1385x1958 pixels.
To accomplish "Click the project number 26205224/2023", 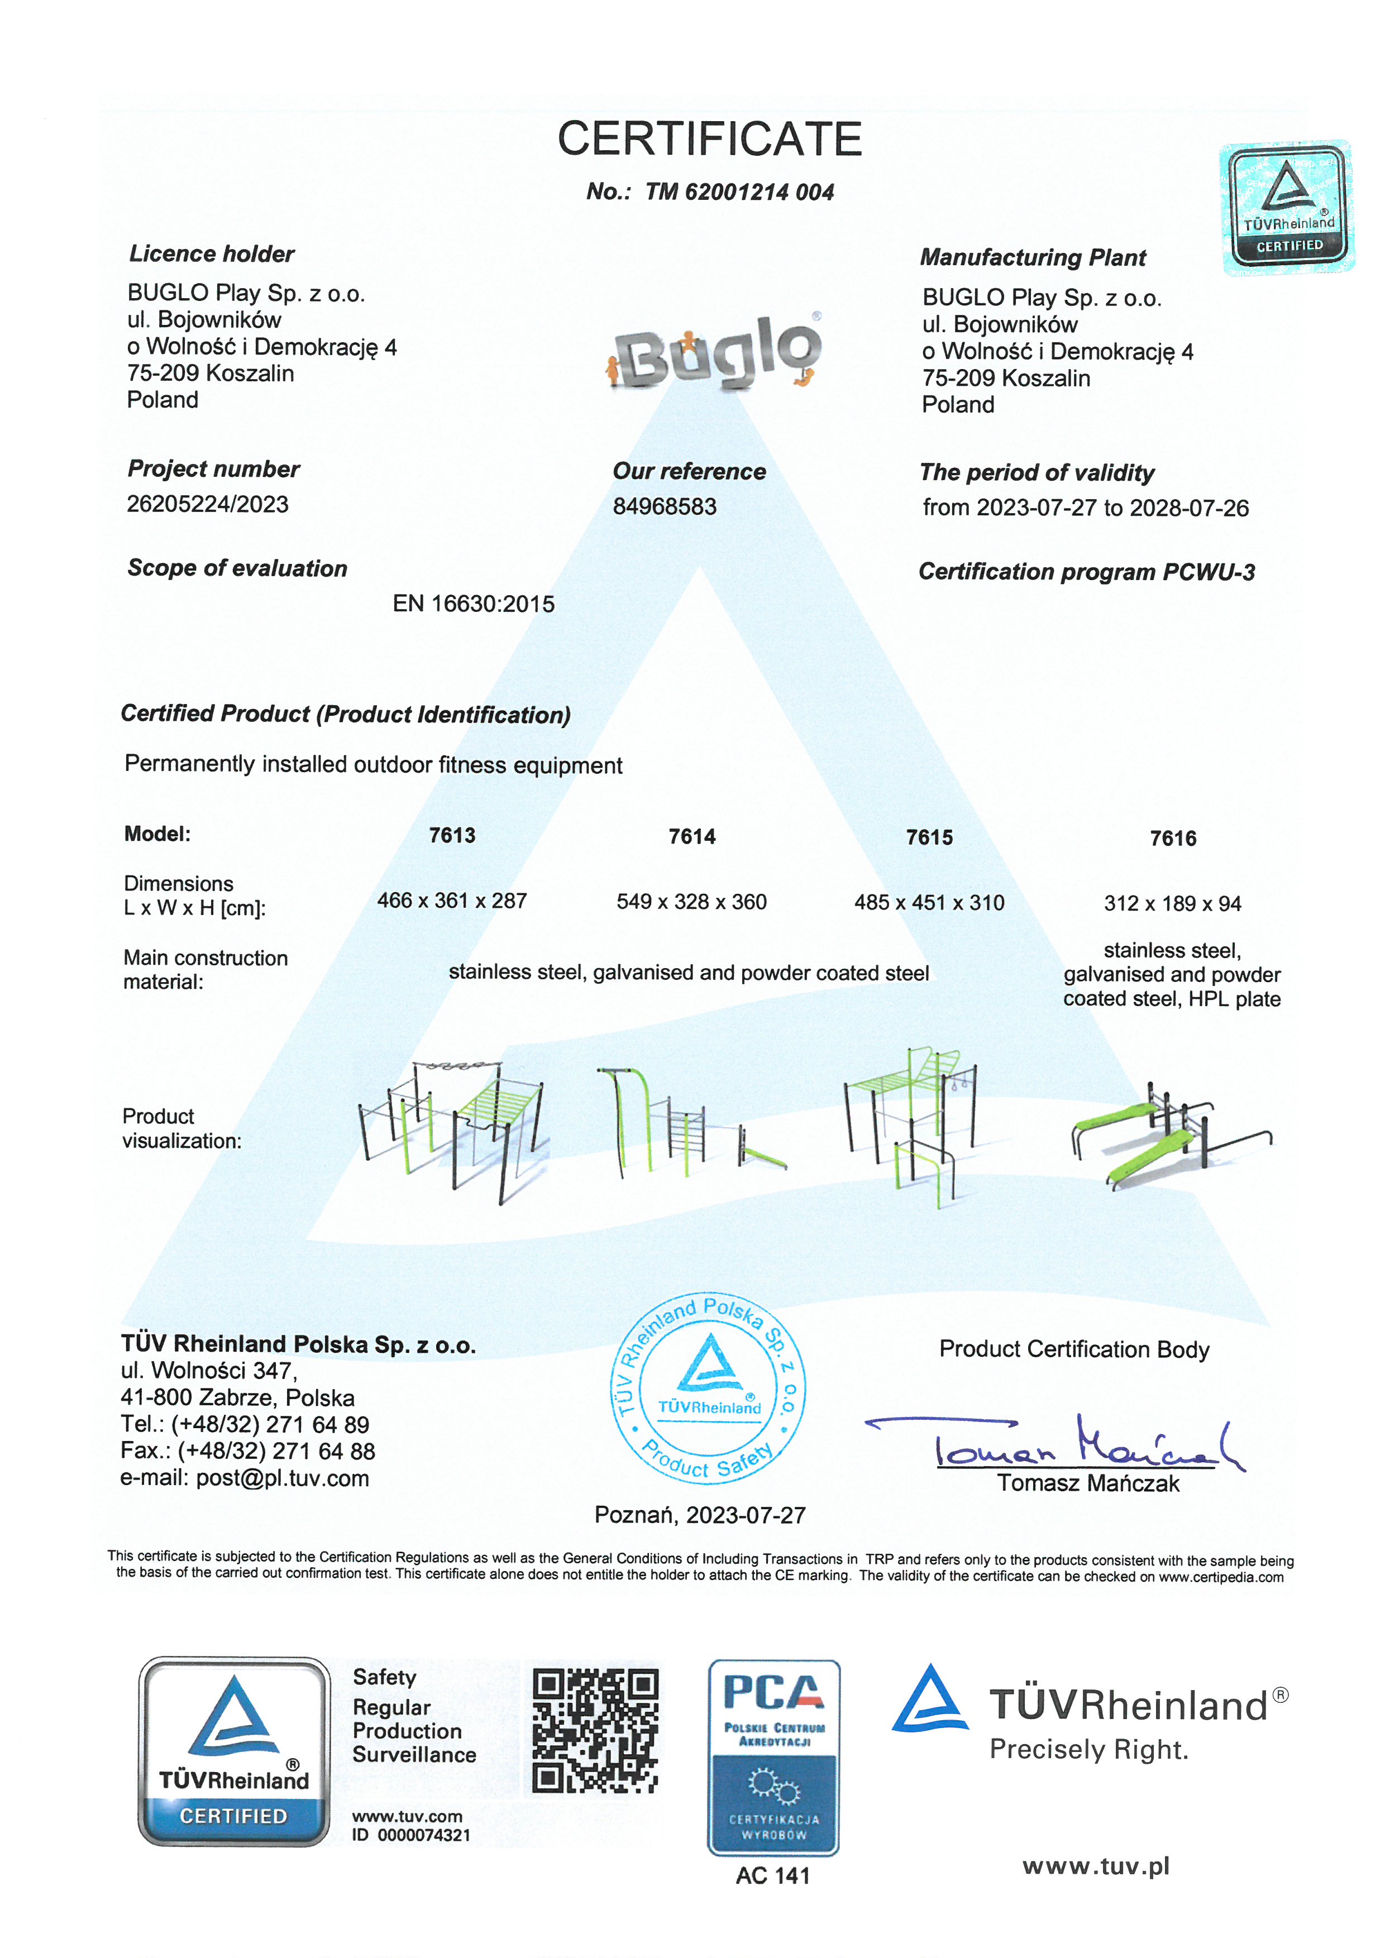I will [x=207, y=504].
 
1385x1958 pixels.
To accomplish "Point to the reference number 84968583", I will [x=665, y=506].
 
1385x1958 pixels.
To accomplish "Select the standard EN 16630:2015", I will [x=474, y=604].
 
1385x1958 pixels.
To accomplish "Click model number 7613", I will [x=452, y=835].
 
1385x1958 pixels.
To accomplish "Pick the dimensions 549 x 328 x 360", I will [x=691, y=902].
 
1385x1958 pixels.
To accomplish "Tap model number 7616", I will [x=1173, y=838].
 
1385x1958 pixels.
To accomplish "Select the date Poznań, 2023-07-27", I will [x=699, y=1515].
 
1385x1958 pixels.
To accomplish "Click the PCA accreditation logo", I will [x=773, y=1758].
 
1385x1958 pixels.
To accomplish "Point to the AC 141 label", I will [x=773, y=1875].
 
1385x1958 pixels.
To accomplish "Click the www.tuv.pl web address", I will [x=1096, y=1867].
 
